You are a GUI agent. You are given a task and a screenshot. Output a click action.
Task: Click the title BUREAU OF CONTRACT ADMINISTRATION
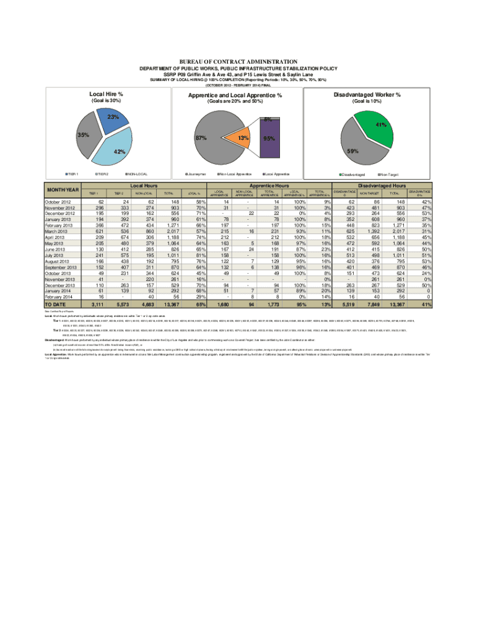[238, 63]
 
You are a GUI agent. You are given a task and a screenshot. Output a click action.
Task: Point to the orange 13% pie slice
[239, 139]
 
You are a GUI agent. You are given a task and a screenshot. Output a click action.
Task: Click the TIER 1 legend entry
[76, 175]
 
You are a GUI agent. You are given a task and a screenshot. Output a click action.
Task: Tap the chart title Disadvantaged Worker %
[367, 95]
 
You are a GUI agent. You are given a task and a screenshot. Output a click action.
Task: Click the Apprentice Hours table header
[268, 185]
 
